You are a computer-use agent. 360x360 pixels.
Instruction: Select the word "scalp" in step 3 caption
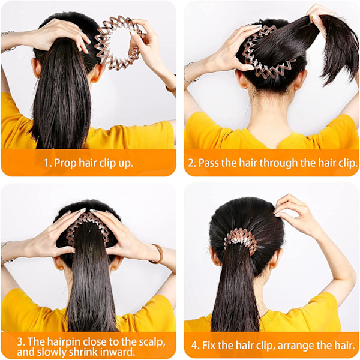152,342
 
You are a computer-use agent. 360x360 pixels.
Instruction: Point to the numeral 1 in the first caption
47,163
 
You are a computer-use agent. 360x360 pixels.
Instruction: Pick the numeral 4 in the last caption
195,346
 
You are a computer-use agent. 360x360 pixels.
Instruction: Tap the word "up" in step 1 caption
126,163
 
